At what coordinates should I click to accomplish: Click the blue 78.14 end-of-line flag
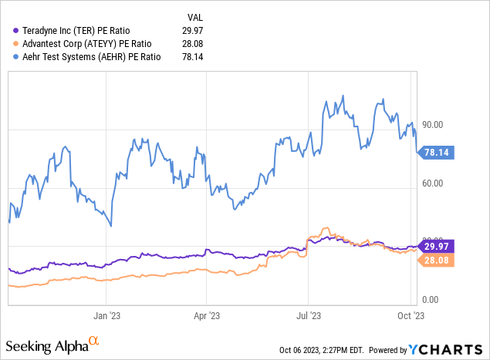click(438, 153)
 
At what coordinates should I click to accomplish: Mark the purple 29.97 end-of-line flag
click(438, 246)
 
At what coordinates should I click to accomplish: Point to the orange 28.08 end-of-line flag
click(438, 260)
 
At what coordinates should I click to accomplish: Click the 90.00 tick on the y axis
click(431, 125)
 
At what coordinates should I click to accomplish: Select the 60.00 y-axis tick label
click(431, 183)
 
